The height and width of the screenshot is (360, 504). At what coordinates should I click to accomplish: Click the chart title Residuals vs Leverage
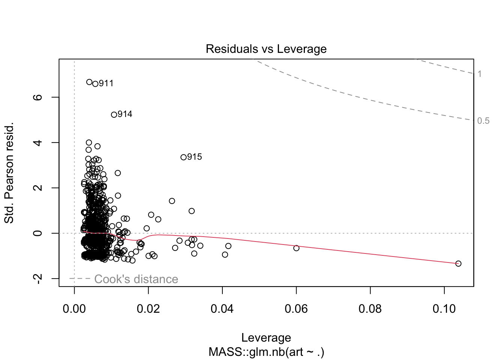266,49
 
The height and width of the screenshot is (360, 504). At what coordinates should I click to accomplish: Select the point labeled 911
95,84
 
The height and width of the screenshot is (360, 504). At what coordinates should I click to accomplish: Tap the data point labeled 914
114,115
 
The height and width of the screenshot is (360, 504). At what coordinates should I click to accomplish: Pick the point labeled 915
183,157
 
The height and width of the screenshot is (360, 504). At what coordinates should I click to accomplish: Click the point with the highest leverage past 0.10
458,264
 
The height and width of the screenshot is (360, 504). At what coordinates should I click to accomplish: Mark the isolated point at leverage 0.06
296,248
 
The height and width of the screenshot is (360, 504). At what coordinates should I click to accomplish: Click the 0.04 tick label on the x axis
222,309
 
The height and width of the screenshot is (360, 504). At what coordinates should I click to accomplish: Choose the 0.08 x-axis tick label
370,309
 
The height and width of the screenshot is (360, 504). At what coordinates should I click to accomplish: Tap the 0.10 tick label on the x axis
444,309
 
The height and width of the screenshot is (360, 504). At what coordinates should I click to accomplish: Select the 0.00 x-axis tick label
74,309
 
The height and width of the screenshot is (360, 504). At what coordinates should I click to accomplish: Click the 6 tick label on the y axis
38,97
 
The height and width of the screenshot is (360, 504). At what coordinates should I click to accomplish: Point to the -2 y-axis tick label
38,279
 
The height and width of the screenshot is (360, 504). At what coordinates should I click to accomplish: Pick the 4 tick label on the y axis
38,142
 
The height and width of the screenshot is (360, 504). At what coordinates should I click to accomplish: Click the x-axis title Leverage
266,338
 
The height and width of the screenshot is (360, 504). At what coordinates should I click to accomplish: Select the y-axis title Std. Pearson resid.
9,172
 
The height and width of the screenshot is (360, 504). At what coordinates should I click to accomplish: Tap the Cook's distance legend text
136,279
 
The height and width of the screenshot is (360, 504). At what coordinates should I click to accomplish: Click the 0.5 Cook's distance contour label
483,121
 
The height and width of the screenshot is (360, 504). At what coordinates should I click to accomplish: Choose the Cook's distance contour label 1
480,74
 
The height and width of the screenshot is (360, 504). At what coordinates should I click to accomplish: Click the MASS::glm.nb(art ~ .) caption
266,352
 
